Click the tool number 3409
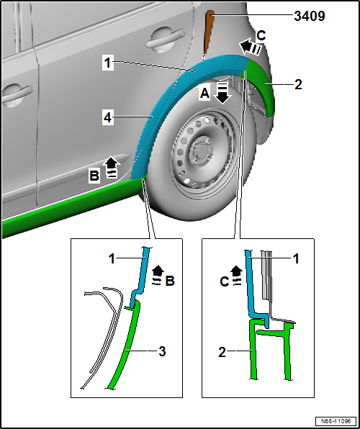310,16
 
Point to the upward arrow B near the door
112,166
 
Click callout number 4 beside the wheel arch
108,118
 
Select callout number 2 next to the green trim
298,84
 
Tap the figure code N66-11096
336,421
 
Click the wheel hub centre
201,151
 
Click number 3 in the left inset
162,351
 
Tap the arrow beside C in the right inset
237,276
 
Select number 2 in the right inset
222,353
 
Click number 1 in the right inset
296,259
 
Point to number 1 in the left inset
112,259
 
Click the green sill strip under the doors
68,205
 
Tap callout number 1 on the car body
108,63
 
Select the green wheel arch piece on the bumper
258,88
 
